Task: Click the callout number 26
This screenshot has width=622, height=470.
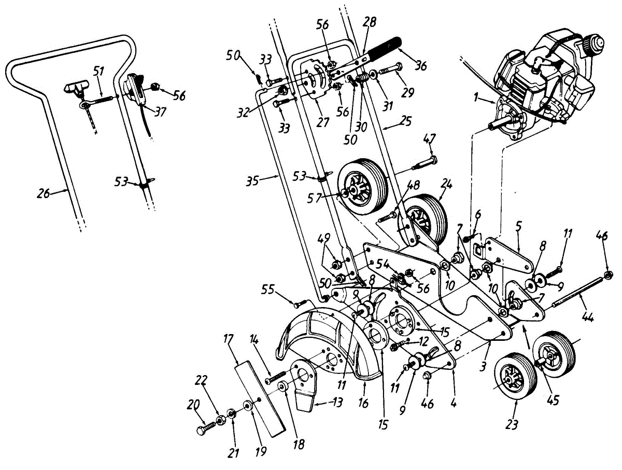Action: click(44, 193)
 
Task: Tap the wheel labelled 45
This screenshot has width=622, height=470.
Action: click(555, 353)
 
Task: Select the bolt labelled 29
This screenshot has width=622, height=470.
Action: click(391, 68)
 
